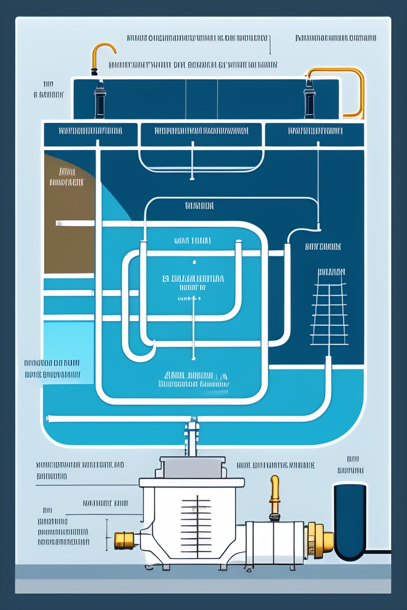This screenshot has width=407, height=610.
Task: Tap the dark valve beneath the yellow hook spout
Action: [x=100, y=100]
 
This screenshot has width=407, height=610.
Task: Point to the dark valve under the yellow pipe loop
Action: [x=309, y=100]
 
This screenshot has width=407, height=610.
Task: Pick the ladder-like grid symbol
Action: [x=329, y=314]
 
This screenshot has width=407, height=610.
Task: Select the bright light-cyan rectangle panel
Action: [x=69, y=350]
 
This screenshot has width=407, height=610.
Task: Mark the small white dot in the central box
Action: [x=194, y=262]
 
